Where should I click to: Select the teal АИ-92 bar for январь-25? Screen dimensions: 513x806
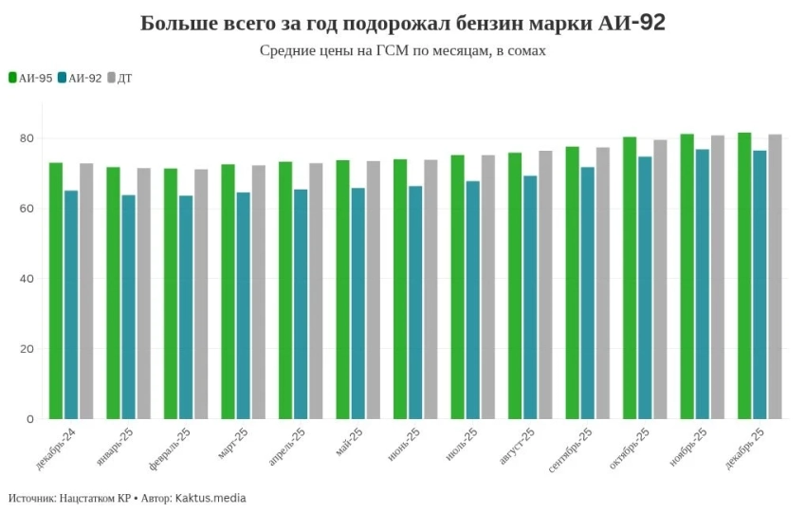[x=128, y=306]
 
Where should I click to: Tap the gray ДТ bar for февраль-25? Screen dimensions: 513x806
[x=201, y=294]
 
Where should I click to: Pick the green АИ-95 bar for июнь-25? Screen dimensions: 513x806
[x=400, y=288]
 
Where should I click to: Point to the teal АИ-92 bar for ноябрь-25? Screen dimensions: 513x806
[x=703, y=284]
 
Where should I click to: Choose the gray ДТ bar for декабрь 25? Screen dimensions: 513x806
[x=775, y=276]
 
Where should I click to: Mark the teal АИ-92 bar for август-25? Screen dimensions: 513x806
[x=530, y=297]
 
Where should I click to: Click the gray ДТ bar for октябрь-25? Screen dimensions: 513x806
[x=660, y=279]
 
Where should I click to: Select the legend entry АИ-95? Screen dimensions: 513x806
[x=30, y=78]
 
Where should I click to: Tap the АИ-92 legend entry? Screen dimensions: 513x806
[x=80, y=78]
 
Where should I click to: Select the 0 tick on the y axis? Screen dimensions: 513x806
[x=30, y=418]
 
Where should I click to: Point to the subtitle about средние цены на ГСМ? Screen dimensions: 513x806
[x=403, y=50]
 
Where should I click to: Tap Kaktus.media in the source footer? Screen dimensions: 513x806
[x=211, y=498]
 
